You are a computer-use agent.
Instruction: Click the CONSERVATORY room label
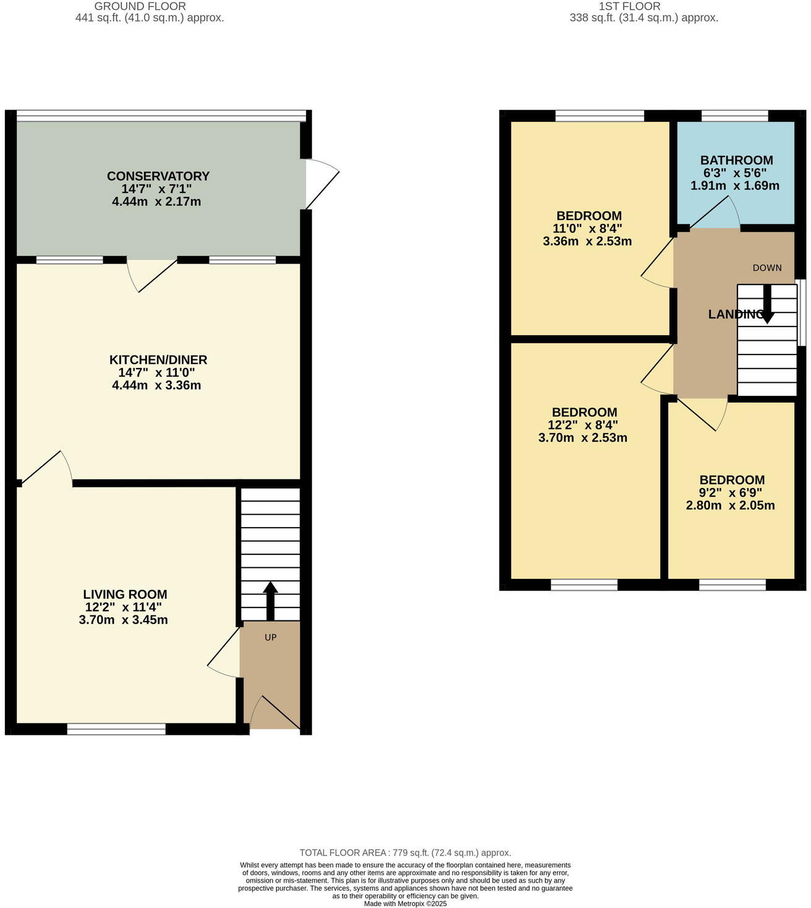pyautogui.click(x=158, y=176)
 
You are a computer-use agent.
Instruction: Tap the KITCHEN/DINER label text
pyautogui.click(x=158, y=360)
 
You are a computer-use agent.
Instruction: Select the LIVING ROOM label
pyautogui.click(x=125, y=594)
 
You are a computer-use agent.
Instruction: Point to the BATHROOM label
pyautogui.click(x=736, y=160)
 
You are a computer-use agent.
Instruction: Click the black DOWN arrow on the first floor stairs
pyautogui.click(x=766, y=304)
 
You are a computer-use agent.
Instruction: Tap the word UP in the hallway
pyautogui.click(x=270, y=637)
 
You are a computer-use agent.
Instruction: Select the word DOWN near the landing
pyautogui.click(x=767, y=268)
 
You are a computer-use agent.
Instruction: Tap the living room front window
pyautogui.click(x=116, y=729)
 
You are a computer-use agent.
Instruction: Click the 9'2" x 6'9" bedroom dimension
pyautogui.click(x=731, y=493)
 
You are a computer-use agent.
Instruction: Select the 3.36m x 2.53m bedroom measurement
pyautogui.click(x=587, y=241)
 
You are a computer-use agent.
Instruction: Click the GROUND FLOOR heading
pyautogui.click(x=140, y=6)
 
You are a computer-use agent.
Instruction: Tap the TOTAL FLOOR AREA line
pyautogui.click(x=405, y=853)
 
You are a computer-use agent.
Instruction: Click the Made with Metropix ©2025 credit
pyautogui.click(x=405, y=904)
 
